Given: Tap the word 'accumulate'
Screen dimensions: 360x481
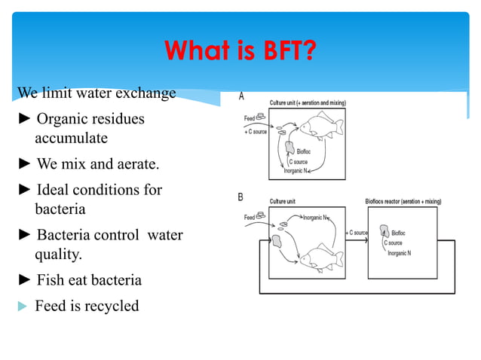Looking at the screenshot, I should coord(71,138).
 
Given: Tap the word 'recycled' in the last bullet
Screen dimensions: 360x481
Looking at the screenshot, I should coord(111,306).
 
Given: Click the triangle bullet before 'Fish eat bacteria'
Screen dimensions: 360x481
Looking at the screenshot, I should coord(24,280).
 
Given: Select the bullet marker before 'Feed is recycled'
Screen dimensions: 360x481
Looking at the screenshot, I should coord(23,307).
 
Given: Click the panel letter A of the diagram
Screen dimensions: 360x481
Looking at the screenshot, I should coord(241,96).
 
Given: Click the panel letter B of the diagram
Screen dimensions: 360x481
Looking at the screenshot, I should coord(240,197).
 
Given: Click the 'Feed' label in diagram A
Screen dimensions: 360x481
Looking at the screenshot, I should coord(250,118).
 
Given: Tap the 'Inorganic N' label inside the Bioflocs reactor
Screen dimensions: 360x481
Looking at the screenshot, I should coord(399,253).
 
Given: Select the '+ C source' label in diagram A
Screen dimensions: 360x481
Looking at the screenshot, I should coord(256,132).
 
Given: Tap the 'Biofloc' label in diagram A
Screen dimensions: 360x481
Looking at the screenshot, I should coord(305,151).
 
